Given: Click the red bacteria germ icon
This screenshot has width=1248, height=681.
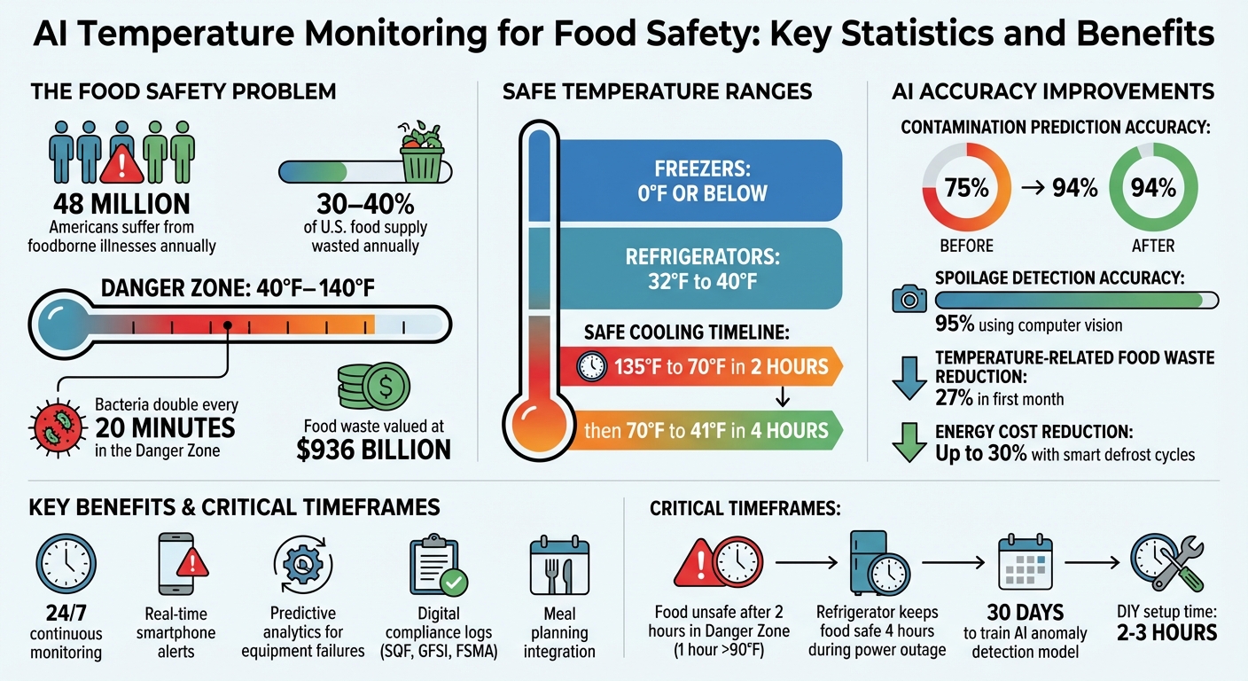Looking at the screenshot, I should point(57,423).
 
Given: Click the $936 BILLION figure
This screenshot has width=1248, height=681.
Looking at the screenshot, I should point(373,449).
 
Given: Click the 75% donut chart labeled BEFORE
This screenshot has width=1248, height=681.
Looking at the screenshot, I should point(966,188).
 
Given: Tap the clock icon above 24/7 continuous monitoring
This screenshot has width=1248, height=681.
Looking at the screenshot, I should point(66,562).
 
